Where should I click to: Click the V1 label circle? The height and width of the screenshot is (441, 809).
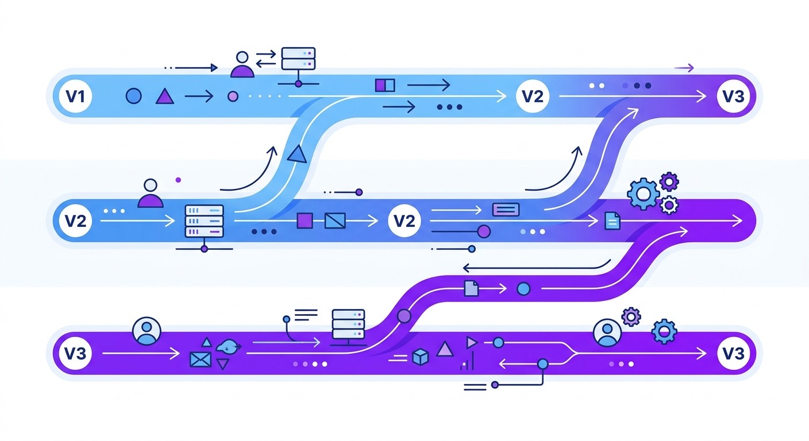click(76, 96)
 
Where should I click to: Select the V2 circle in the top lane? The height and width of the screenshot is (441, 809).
click(533, 96)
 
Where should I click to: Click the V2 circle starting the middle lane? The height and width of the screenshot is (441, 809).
click(76, 220)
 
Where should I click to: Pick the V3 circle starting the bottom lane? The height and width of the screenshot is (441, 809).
click(76, 353)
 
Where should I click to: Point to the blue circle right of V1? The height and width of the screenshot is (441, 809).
click(133, 96)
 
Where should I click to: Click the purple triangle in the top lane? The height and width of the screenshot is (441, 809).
click(165, 96)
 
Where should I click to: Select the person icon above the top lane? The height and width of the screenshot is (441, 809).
click(242, 65)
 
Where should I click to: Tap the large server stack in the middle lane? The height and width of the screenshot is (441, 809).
click(203, 220)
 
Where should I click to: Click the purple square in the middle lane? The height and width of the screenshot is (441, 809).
click(305, 220)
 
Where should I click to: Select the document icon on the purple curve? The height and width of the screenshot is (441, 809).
click(471, 288)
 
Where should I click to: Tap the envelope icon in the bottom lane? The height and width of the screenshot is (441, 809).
click(201, 360)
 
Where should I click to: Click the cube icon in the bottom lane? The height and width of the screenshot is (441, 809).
click(421, 358)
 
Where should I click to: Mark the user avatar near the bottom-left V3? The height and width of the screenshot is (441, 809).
click(147, 331)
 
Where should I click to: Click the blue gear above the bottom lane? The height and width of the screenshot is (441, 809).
click(665, 331)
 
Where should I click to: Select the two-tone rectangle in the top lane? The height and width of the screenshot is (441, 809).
click(385, 86)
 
